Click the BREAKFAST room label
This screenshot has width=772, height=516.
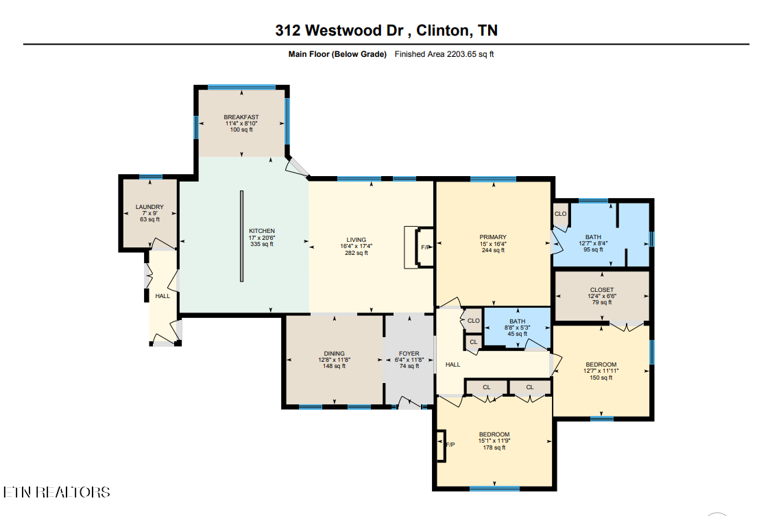(241, 117)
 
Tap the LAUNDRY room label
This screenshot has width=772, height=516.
(149, 207)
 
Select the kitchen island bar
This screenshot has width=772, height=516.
(242, 236)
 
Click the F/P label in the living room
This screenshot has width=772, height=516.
(424, 247)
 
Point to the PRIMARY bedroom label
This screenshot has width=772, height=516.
(493, 238)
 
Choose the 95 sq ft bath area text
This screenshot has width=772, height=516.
(593, 249)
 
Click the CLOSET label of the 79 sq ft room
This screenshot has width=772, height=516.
(602, 290)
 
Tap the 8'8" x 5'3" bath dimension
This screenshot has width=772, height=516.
(517, 328)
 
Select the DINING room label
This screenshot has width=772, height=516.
(334, 354)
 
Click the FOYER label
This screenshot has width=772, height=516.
(409, 354)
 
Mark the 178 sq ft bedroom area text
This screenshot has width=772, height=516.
(494, 447)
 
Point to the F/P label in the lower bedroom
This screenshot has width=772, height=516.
(450, 445)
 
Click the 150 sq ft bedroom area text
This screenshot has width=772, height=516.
(601, 377)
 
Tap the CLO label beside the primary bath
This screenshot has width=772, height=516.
(560, 213)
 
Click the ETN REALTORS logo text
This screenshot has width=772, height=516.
(56, 492)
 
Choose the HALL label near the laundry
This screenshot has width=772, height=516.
(162, 296)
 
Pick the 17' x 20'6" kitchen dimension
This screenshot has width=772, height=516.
(262, 238)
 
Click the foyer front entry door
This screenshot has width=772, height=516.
(410, 405)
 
